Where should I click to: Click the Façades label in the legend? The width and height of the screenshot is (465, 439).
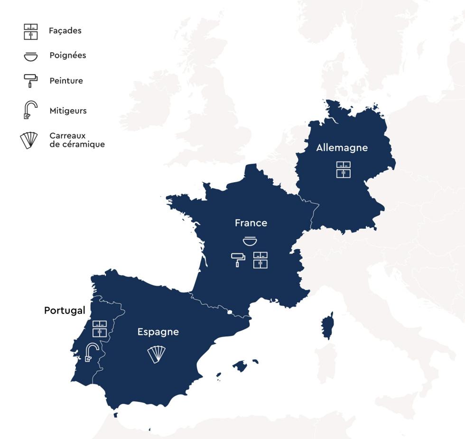click(x=65, y=31)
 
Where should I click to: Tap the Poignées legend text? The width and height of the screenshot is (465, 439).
click(x=68, y=56)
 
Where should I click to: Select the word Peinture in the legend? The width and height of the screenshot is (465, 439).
click(x=66, y=81)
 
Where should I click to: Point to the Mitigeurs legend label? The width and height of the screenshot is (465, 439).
click(x=68, y=111)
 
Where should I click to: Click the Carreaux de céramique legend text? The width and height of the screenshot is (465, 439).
click(x=77, y=140)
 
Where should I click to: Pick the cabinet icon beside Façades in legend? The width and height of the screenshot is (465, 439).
click(x=31, y=31)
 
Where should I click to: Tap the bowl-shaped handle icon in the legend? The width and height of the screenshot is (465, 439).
click(x=31, y=56)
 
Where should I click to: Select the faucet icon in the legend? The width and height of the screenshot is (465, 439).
click(x=30, y=110)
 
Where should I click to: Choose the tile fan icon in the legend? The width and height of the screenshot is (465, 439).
click(x=29, y=140)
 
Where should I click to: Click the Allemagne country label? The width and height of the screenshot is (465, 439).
click(x=342, y=148)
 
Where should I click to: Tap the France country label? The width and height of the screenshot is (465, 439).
click(x=251, y=223)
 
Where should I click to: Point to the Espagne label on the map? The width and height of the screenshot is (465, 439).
click(x=158, y=332)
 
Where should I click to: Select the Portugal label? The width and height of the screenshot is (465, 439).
click(x=65, y=311)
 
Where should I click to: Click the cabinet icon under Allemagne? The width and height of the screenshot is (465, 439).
click(x=344, y=169)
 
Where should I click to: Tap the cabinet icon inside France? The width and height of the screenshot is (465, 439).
click(x=260, y=260)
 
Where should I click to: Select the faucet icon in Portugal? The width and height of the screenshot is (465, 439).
click(x=91, y=352)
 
